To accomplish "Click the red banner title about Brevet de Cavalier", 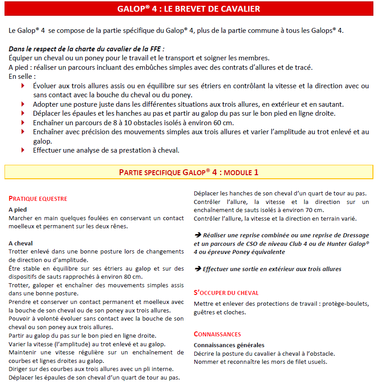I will click(188, 9).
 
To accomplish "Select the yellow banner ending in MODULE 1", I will click(188, 172).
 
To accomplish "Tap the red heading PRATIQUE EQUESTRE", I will click(38, 198).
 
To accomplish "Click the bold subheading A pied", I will click(18, 209).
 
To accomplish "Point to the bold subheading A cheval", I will click(21, 243).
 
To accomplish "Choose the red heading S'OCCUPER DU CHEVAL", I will click(226, 293).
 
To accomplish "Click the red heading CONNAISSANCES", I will click(217, 334).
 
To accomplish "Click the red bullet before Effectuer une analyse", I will click(23, 150).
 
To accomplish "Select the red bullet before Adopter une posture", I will click(23, 104).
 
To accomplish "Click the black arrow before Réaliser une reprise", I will click(197, 235).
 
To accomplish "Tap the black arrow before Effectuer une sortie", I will click(197, 269).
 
